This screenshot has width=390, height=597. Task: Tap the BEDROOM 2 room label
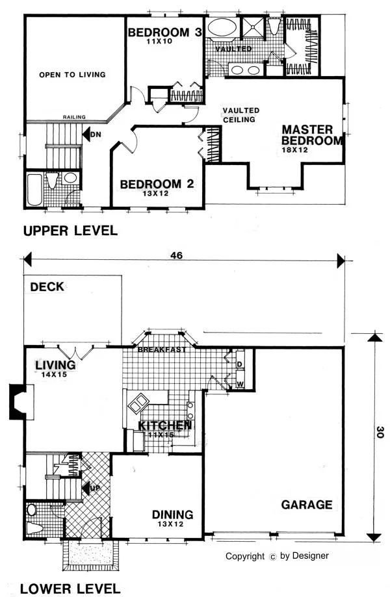(157, 184)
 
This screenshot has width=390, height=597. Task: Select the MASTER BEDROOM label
(311, 135)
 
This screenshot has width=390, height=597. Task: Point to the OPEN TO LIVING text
(72, 75)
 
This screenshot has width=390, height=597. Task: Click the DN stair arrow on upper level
(88, 136)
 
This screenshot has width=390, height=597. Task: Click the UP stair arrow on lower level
(88, 487)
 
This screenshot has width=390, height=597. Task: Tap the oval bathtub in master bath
(222, 30)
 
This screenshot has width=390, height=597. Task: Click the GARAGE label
(307, 504)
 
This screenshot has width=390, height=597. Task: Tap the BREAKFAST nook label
(162, 350)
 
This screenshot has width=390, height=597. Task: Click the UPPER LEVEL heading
(70, 231)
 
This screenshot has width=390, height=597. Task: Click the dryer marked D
(239, 362)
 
